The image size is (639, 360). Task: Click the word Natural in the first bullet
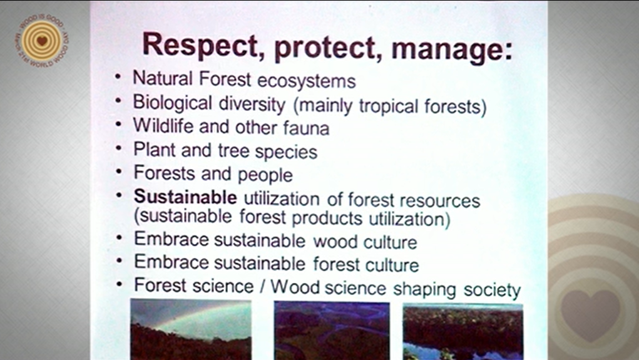coord(163,78)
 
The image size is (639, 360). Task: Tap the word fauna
coord(306,128)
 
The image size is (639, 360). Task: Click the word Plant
coord(155,150)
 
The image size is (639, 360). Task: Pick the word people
coord(265,175)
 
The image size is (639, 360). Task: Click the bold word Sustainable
coord(185,197)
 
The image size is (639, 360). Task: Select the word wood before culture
coord(335,242)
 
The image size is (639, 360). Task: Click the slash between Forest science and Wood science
coord(262,286)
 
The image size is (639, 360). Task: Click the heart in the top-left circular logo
coord(41,41)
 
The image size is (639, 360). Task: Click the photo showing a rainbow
coord(191,329)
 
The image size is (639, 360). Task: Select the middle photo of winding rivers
coord(332,331)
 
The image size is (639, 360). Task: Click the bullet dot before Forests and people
coord(118,172)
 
